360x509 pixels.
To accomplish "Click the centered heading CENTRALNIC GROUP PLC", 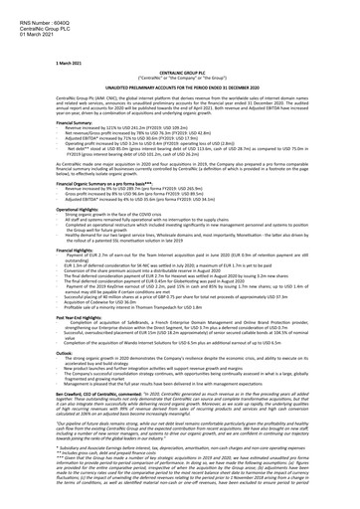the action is click(178, 46).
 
